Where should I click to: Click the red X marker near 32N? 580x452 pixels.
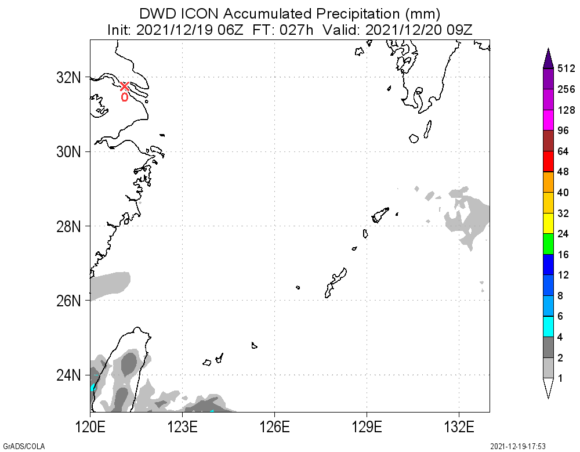(x=124, y=86)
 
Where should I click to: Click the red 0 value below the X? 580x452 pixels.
(x=124, y=97)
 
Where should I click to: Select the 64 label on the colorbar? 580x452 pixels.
(x=563, y=151)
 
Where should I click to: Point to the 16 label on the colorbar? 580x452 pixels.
(x=563, y=255)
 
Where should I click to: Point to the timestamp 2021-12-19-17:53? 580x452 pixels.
(x=518, y=446)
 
